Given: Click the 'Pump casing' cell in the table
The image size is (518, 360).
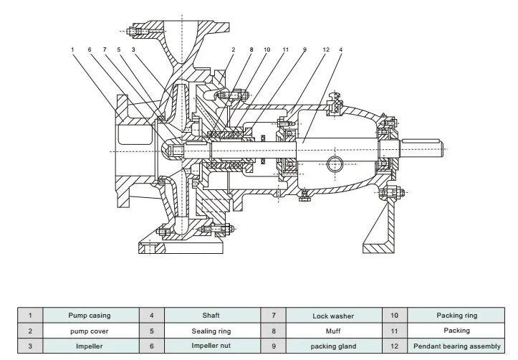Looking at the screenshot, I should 90,315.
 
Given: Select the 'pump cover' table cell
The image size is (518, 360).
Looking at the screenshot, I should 90,331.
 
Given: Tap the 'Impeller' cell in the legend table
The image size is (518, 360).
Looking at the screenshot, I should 90,346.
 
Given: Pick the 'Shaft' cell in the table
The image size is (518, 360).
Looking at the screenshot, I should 211,315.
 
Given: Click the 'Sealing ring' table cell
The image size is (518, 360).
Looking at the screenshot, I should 211,331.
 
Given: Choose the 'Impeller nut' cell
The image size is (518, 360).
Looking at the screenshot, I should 211,346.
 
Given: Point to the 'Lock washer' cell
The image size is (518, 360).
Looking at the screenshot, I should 333,315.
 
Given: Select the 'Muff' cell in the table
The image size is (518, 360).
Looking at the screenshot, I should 333,331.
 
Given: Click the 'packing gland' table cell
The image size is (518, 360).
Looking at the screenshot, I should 333,346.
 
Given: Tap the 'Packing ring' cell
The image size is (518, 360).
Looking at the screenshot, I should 457,315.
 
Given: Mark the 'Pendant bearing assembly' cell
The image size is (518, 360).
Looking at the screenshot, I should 457,346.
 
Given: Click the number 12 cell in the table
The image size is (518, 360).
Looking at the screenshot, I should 395,346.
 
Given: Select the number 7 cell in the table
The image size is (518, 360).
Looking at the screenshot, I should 274,315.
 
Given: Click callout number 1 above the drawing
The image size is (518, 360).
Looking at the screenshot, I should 72,49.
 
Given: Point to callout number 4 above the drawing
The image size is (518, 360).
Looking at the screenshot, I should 340,49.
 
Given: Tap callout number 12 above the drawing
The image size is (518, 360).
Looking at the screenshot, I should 325,49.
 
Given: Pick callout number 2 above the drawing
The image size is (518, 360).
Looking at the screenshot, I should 233,49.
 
